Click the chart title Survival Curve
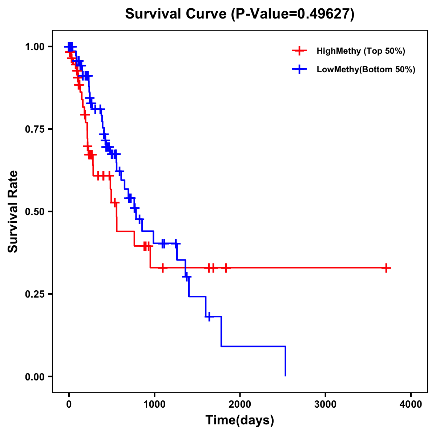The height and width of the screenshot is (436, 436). [177, 14]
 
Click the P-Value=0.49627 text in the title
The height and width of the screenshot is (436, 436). [294, 14]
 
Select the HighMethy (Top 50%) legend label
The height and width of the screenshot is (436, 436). [360, 51]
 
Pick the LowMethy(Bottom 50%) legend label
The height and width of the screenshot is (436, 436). [366, 69]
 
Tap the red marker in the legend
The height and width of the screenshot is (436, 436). [299, 51]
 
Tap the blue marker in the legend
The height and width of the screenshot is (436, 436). [299, 69]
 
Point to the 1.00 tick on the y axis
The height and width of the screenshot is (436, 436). [35, 47]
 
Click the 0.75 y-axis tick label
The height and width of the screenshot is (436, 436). [35, 129]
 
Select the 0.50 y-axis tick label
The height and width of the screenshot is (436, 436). [35, 212]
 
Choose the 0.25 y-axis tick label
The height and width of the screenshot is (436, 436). [35, 294]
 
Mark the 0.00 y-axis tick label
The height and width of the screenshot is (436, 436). [35, 377]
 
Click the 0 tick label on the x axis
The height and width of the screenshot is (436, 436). [69, 404]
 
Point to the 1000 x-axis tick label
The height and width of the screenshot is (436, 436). [154, 404]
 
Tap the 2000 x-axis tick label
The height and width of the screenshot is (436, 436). [240, 404]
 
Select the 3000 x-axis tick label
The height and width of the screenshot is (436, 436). [326, 404]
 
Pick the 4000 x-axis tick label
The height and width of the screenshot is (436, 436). [411, 404]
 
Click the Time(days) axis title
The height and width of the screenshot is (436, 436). [240, 420]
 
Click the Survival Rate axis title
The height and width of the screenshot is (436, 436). [13, 211]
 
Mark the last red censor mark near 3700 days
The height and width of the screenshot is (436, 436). [386, 268]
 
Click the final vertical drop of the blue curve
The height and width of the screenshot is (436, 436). [286, 362]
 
